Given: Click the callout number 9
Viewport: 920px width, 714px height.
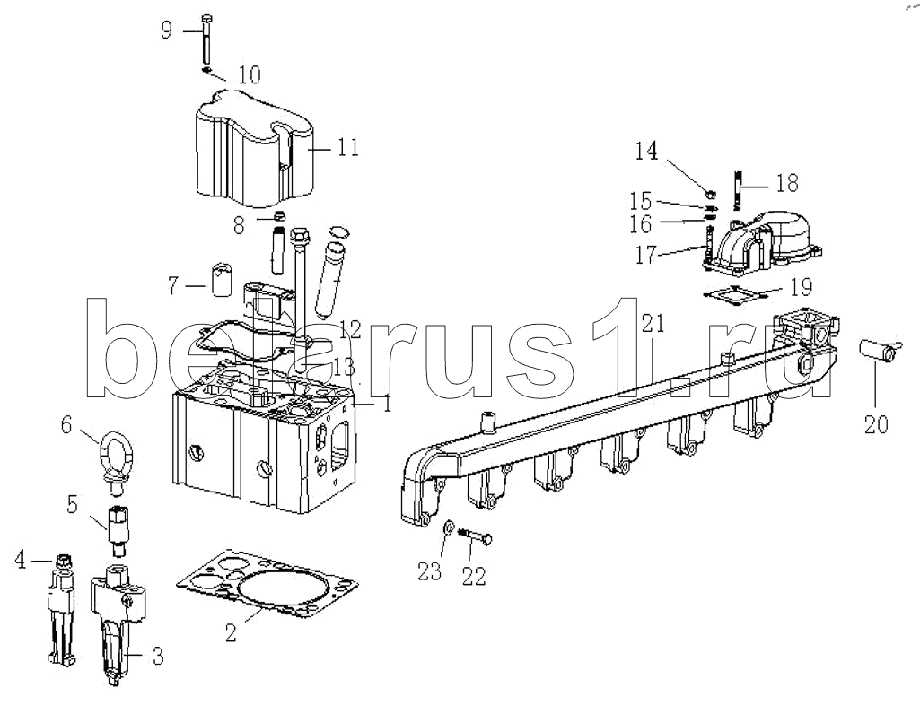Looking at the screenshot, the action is pyautogui.click(x=167, y=30).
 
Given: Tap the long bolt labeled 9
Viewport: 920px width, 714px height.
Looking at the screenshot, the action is pyautogui.click(x=206, y=38).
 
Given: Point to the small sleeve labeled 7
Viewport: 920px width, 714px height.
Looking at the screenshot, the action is pyautogui.click(x=222, y=280).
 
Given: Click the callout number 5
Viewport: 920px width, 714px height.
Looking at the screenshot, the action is pyautogui.click(x=72, y=504).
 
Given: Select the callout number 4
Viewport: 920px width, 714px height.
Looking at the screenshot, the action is pyautogui.click(x=22, y=561).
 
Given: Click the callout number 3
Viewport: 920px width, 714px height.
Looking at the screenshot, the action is pyautogui.click(x=157, y=656).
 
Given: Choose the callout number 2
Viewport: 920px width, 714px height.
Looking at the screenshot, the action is pyautogui.click(x=231, y=632).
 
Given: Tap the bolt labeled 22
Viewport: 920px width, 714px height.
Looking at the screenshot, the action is pyautogui.click(x=474, y=535).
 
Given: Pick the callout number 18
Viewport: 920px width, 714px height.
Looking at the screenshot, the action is pyautogui.click(x=787, y=183).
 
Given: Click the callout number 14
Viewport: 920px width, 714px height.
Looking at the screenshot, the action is pyautogui.click(x=646, y=152).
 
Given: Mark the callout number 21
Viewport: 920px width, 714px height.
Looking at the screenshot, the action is pyautogui.click(x=653, y=323).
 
